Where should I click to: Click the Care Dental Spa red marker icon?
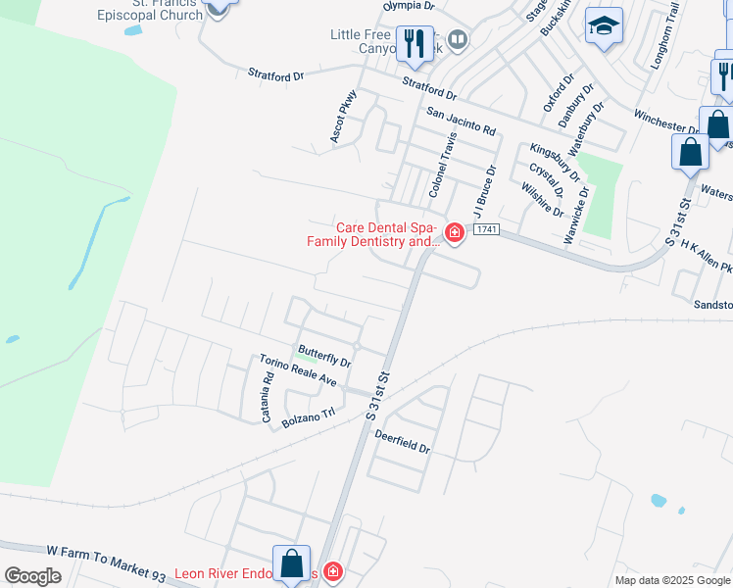(x=455, y=232)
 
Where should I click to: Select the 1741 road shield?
(x=487, y=229)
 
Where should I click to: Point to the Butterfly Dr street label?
(x=324, y=356)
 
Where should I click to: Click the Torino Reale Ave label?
(x=298, y=371)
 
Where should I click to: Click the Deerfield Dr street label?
(x=401, y=443)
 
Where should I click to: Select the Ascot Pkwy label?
(x=344, y=118)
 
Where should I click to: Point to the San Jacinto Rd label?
(x=461, y=123)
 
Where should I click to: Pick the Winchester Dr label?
(x=665, y=121)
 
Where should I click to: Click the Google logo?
(x=32, y=576)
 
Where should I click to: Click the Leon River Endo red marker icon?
(x=333, y=571)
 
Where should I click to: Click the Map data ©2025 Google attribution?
(x=672, y=580)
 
